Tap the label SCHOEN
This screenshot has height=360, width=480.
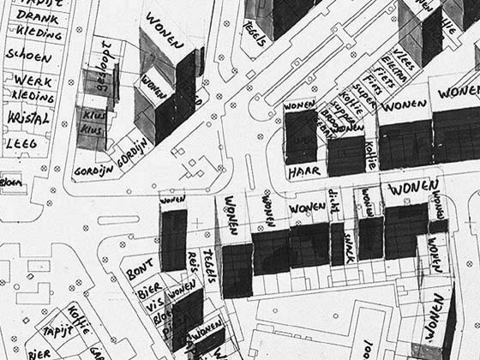pyautogui.click(x=28, y=54)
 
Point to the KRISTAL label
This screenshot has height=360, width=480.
pyautogui.click(x=28, y=117)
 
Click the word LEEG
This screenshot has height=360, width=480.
pyautogui.click(x=21, y=144)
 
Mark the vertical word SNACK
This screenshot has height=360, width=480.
pyautogui.click(x=349, y=248)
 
